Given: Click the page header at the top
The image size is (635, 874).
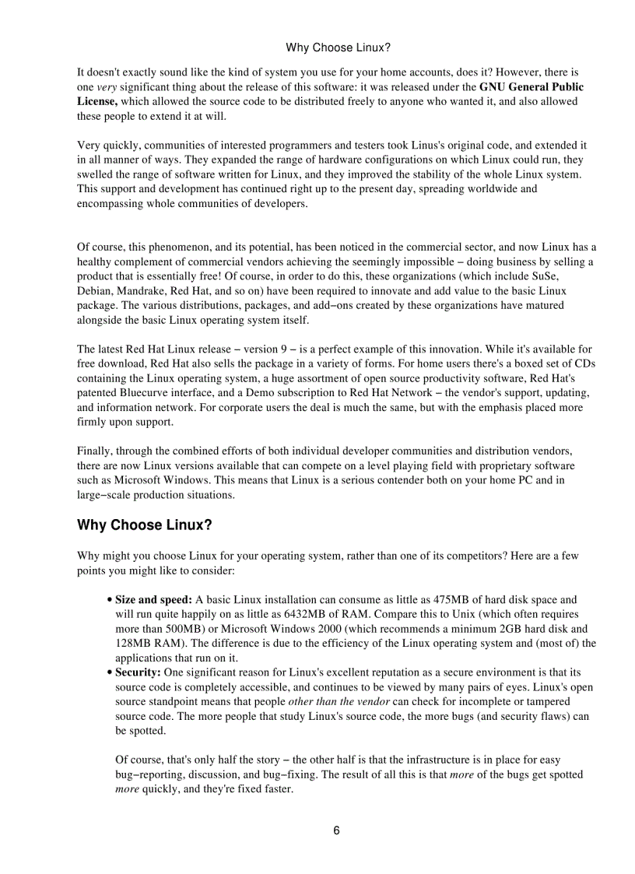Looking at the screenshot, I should pos(338,47).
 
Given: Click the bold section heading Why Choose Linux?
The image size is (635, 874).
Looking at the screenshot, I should pos(144,525).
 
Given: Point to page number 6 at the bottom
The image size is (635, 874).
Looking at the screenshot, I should pos(336,830).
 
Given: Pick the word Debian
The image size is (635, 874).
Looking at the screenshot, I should pos(94,291).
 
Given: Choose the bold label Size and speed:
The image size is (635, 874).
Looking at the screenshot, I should pos(153,599).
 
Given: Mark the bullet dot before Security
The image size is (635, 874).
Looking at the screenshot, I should pos(108,672).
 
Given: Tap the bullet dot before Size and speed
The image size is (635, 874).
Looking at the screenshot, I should pos(108,600).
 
